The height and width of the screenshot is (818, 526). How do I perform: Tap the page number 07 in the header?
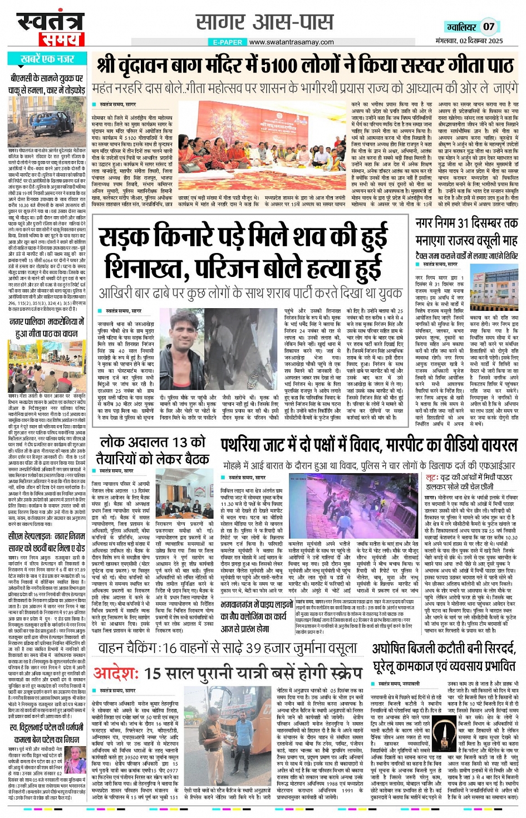pyautogui.click(x=488, y=26)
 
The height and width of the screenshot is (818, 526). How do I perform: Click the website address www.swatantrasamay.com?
pyautogui.click(x=291, y=42)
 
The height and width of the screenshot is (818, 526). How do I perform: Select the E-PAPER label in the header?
pyautogui.click(x=228, y=42)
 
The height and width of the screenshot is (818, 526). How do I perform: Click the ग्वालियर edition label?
pyautogui.click(x=461, y=27)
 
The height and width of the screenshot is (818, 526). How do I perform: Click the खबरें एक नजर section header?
pyautogui.click(x=47, y=59)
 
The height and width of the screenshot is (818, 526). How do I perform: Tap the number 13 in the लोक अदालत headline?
pyautogui.click(x=180, y=442)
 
